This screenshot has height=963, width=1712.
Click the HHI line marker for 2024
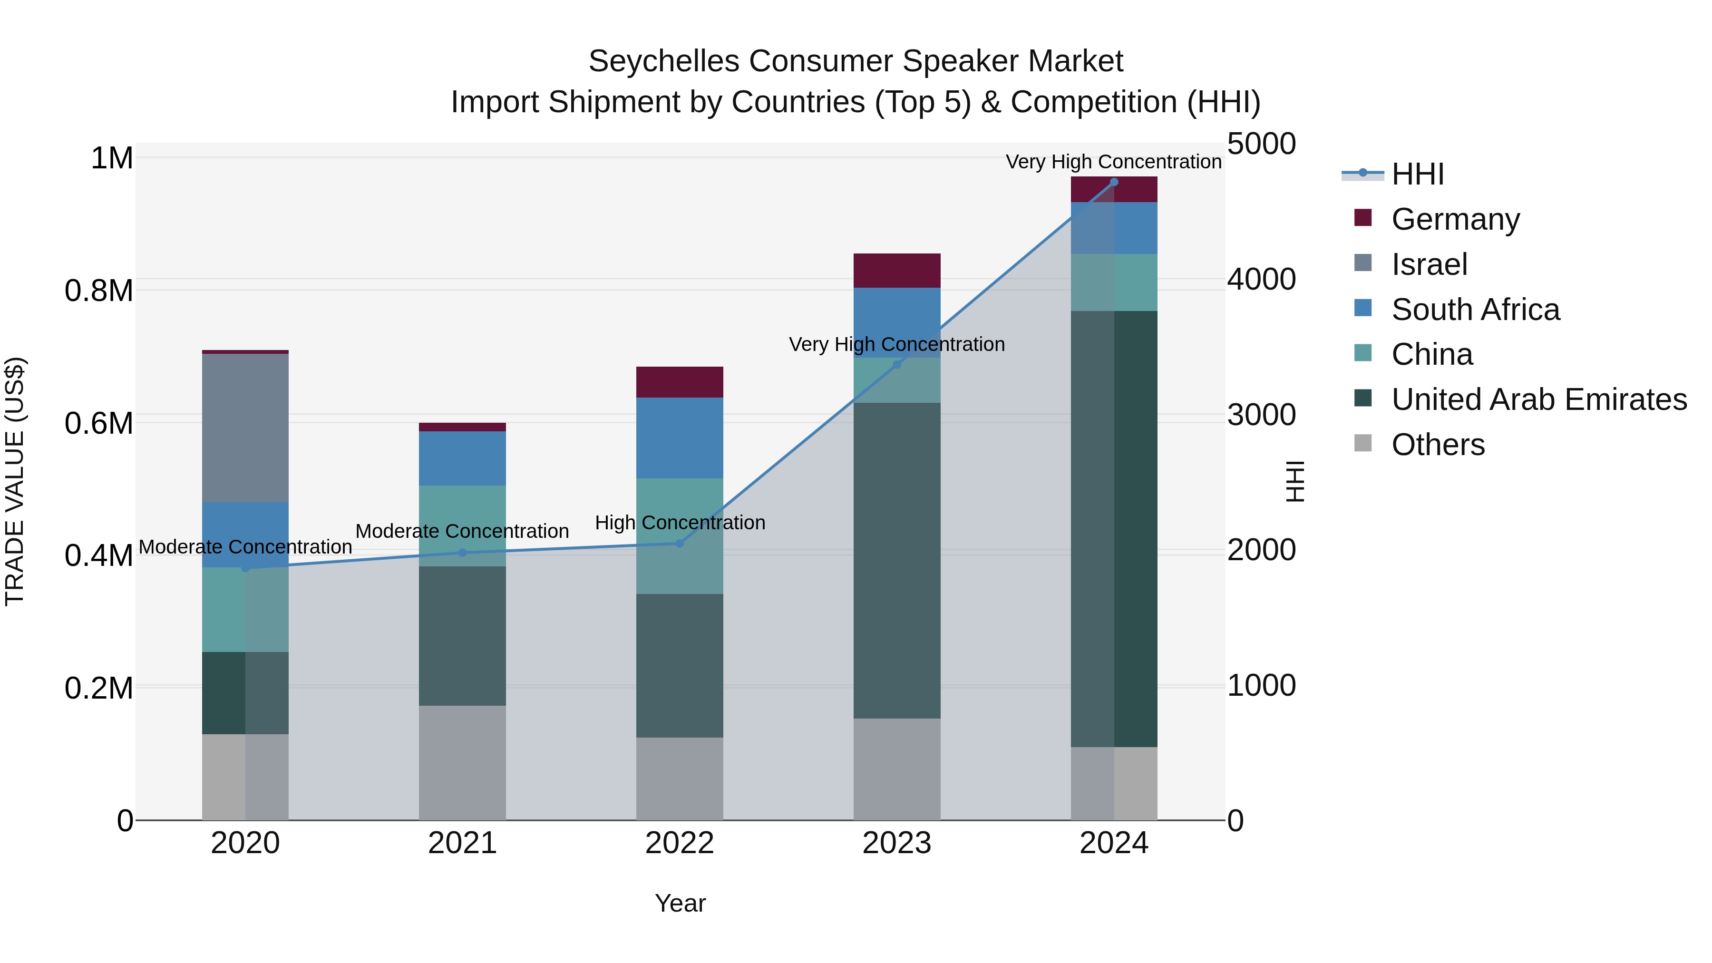1114,182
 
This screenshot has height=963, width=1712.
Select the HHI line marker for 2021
463,552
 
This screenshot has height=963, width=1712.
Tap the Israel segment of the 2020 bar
245,428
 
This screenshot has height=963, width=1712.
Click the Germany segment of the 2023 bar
896,271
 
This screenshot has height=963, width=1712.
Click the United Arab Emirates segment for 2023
896,560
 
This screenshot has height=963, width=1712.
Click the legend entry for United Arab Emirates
1538,399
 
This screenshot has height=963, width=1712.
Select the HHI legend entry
1417,174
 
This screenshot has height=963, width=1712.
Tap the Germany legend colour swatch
1362,218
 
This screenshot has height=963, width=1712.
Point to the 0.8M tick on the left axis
99,291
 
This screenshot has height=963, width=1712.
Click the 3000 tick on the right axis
1261,415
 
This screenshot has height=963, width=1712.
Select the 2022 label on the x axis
679,843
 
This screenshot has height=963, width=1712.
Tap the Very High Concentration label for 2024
1113,162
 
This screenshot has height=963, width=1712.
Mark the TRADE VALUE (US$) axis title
15,481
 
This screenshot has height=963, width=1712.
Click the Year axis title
680,903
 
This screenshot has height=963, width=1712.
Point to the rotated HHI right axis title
1294,481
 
